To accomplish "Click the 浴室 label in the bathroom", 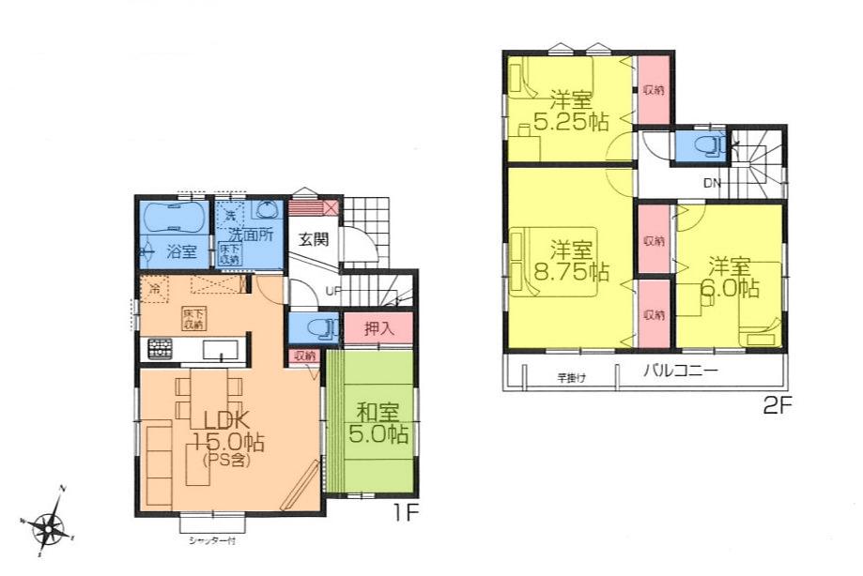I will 180,251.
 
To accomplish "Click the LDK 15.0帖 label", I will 221,430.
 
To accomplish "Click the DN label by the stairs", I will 711,183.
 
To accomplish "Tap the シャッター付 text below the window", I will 210,541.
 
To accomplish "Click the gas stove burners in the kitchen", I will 157,350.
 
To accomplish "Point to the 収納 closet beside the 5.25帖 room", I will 654,90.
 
